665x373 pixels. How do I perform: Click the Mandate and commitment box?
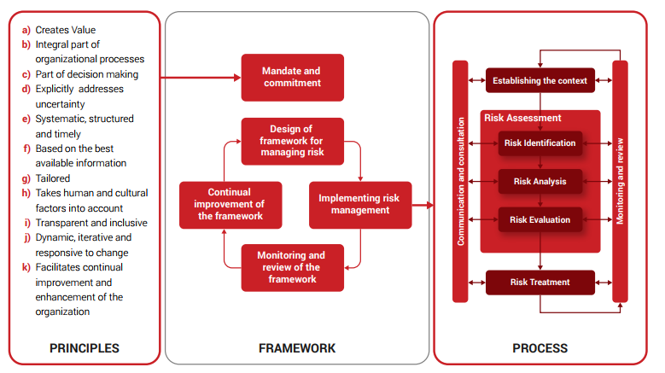click(x=292, y=77)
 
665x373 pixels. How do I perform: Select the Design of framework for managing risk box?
click(x=292, y=141)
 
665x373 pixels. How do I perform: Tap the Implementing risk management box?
click(x=359, y=204)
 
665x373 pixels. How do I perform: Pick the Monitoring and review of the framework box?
click(x=292, y=267)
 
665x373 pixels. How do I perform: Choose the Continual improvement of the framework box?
click(x=223, y=204)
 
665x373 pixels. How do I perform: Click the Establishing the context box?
click(x=540, y=81)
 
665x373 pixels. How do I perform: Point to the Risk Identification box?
click(x=540, y=143)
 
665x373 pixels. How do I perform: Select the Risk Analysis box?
click(x=540, y=181)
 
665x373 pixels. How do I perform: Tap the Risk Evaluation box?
click(x=540, y=219)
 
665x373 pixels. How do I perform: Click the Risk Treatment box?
click(x=540, y=282)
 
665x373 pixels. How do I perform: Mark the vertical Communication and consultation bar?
click(x=461, y=181)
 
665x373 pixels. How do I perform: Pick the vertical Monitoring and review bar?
click(x=620, y=181)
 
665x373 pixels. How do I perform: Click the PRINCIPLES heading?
click(x=84, y=348)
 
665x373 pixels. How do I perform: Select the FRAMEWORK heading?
click(x=296, y=348)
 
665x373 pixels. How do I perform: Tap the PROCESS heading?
click(x=540, y=348)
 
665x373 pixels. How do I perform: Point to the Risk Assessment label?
click(x=522, y=118)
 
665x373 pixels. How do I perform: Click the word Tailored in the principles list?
click(x=53, y=178)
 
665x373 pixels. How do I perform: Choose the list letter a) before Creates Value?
click(x=26, y=30)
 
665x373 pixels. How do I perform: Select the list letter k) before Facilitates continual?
click(x=26, y=267)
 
